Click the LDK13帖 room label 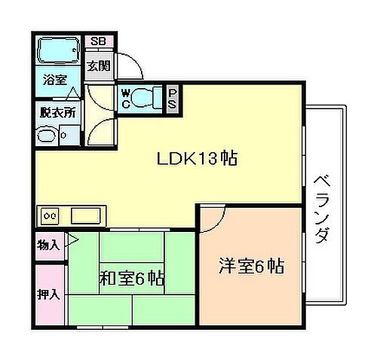(198, 159)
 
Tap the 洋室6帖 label (251, 267)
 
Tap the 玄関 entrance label (97, 66)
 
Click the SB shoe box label (98, 42)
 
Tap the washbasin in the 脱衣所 (48, 136)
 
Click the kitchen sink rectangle (87, 216)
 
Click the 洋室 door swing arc (213, 216)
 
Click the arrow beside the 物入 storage (72, 243)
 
